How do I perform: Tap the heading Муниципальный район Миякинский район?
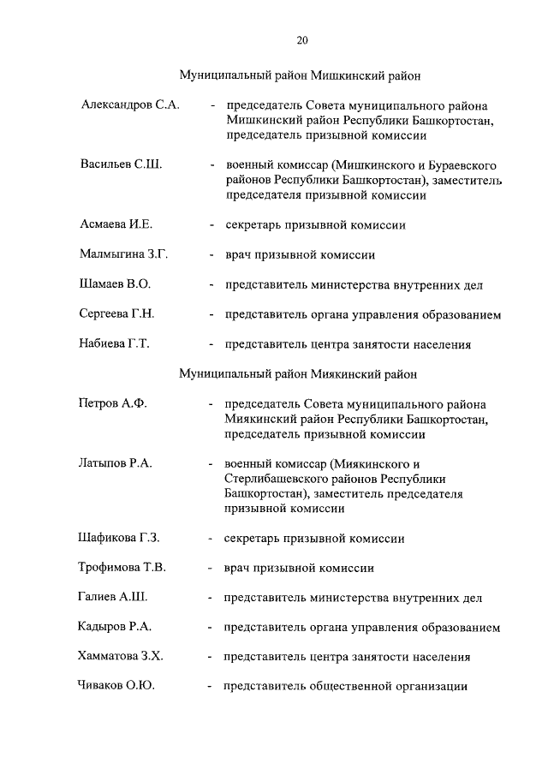point(298,373)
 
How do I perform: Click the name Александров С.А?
point(130,105)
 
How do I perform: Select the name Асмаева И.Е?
point(116,224)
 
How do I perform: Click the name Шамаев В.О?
point(116,284)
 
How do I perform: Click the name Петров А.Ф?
point(112,403)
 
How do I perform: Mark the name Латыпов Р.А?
point(116,462)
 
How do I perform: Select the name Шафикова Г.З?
point(121,538)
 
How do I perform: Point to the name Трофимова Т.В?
point(123,567)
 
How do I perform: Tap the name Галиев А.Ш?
point(114,597)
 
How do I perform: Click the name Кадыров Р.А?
point(116,627)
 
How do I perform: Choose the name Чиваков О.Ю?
point(117,686)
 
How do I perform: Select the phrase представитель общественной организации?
point(345,686)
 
